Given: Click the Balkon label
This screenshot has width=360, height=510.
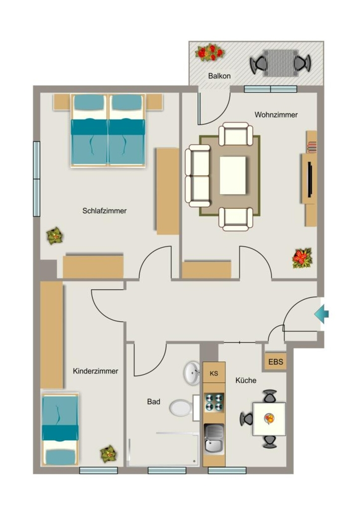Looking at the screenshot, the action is point(220,76).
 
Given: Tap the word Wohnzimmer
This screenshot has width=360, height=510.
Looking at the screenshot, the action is point(276,115).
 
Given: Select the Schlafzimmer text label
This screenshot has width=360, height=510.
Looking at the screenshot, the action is point(105,211).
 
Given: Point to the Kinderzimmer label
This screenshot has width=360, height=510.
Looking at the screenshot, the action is point(96,371).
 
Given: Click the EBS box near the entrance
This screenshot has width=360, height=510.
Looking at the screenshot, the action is point(275,362).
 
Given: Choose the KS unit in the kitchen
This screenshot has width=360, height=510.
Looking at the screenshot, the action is point(214,373).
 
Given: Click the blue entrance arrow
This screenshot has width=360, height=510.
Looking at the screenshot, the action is point(322,314).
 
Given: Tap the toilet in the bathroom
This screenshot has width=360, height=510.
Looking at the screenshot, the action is point(184,407).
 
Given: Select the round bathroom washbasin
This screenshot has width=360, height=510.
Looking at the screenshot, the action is point(192,373).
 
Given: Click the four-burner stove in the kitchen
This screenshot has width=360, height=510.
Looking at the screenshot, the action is point(214,402).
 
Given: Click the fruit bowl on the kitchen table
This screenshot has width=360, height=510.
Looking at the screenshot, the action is point(269,418).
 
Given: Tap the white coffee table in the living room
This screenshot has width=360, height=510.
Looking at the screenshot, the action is point(233,175).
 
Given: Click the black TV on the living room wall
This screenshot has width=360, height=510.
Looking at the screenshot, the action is point(310,179).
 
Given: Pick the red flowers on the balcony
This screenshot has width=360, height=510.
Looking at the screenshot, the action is point(210,52).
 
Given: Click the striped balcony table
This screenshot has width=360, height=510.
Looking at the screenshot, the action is point(280,63).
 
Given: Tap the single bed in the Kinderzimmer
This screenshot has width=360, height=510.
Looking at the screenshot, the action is point(60,429).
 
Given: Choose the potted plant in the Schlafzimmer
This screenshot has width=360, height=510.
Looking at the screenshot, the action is point(55,236).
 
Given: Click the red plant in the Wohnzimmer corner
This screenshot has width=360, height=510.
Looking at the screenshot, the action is point(302,258).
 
